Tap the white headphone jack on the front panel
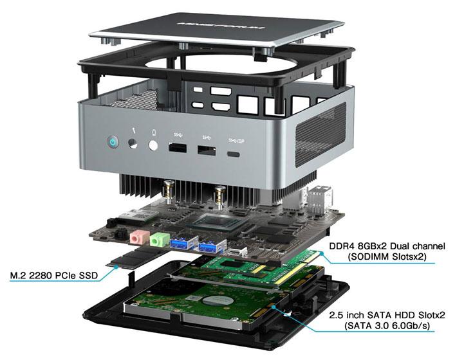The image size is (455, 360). [x=154, y=145]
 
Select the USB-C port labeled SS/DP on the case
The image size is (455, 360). [x=234, y=154]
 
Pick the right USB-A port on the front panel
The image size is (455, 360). [x=206, y=151]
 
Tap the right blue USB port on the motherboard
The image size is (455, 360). [x=209, y=248]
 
